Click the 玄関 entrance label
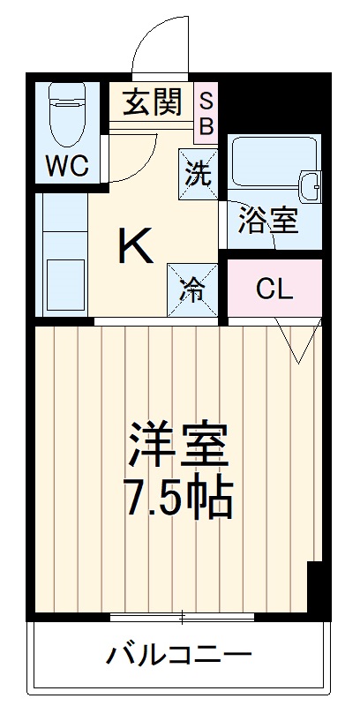coord(152,103)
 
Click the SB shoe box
coord(206,112)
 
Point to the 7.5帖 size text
coord(179,499)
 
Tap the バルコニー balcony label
coord(179,656)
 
